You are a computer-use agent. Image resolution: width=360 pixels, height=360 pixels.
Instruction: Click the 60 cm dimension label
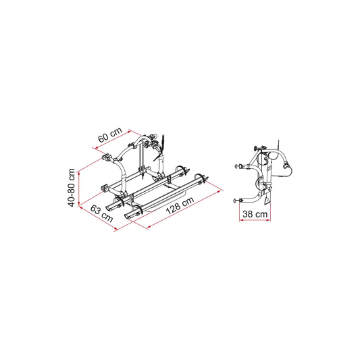click(x=110, y=135)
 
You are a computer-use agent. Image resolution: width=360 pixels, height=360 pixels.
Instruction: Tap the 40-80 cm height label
click(x=72, y=188)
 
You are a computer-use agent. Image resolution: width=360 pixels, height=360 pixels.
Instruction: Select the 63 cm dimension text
click(x=101, y=213)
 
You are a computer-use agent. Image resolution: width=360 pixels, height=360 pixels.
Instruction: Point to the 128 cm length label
click(x=180, y=205)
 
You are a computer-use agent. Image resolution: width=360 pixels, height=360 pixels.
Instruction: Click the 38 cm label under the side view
click(x=255, y=214)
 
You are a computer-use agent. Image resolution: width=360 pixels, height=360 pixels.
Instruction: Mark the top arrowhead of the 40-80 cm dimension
click(x=79, y=173)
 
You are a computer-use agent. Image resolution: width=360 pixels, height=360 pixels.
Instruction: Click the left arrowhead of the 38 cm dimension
click(x=241, y=220)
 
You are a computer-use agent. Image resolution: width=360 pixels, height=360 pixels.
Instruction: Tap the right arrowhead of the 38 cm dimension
click(x=268, y=220)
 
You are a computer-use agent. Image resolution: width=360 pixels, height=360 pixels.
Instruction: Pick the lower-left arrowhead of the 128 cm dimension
click(x=149, y=227)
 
